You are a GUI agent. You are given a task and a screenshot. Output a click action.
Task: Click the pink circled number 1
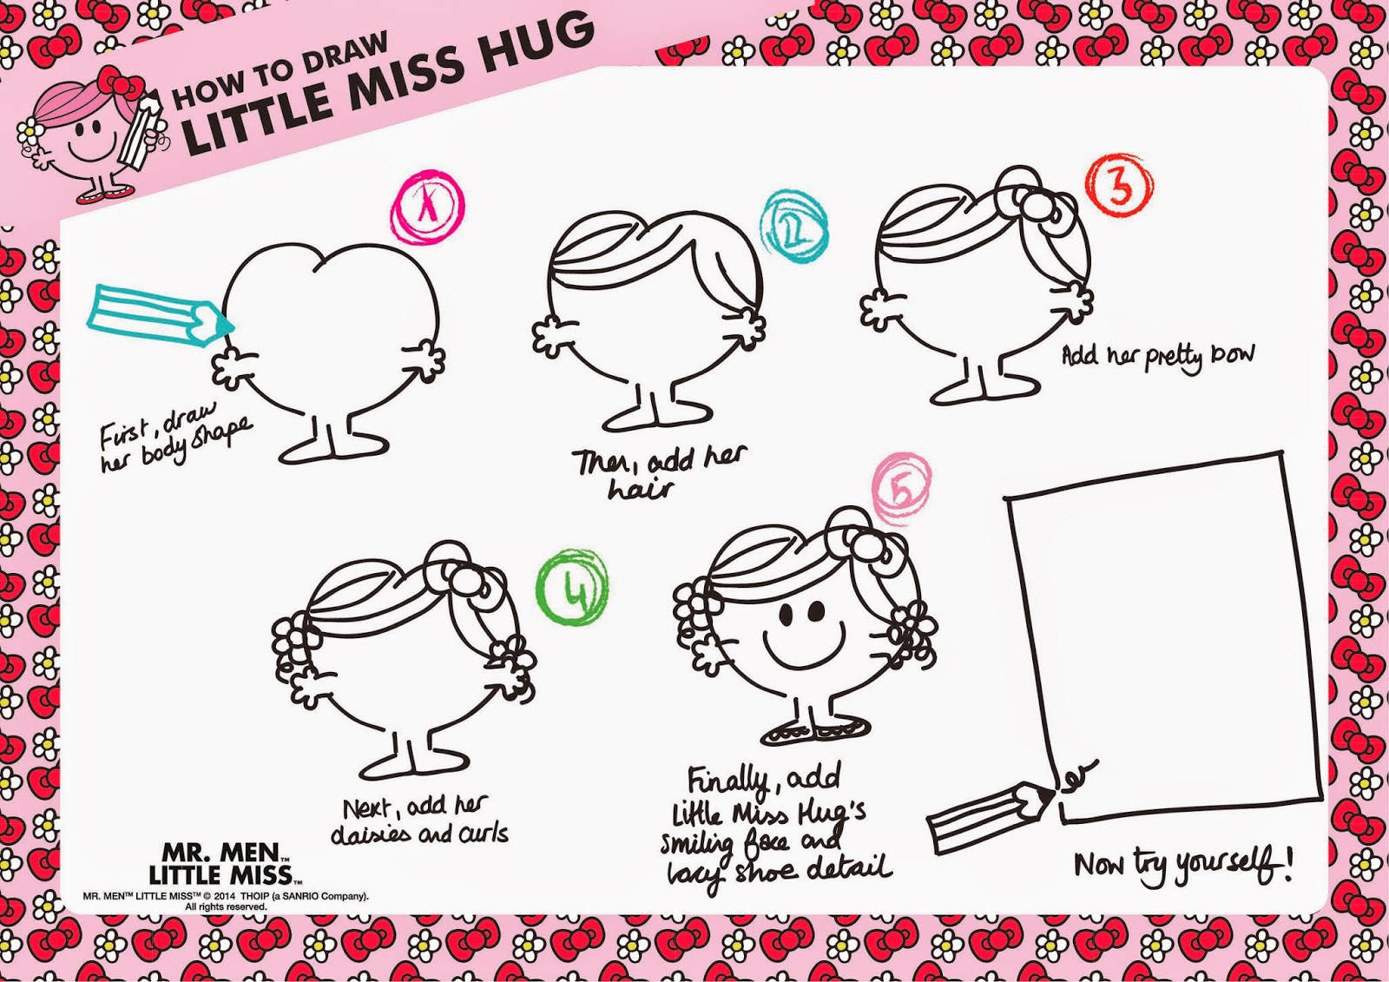pos(428,207)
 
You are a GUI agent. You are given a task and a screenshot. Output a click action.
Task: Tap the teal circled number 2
pos(795,227)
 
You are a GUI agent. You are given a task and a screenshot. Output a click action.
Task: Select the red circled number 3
pos(1119,185)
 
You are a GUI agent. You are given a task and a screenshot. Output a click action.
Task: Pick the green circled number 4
pos(572,586)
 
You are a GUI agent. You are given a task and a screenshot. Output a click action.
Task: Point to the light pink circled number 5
pos(902,490)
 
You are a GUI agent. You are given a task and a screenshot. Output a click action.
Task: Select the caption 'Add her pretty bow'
pos(1158,357)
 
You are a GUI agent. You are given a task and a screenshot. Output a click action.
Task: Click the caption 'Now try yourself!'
pos(1183,865)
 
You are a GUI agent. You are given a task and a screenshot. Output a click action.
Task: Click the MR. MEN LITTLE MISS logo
pos(225,863)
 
